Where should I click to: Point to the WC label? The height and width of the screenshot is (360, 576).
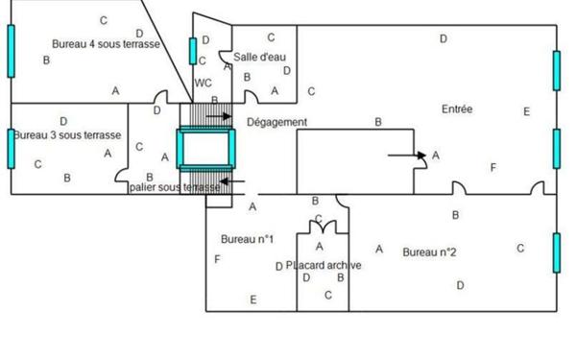click(203, 83)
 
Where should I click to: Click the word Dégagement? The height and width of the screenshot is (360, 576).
click(276, 122)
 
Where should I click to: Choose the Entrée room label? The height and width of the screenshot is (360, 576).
click(457, 109)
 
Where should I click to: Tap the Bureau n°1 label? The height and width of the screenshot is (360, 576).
click(248, 239)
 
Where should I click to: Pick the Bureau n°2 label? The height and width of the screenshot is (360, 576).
click(428, 252)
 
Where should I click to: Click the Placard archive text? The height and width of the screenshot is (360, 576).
click(324, 265)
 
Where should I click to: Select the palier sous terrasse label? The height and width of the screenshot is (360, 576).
click(175, 187)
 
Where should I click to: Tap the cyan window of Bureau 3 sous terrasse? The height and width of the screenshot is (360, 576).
click(12, 147)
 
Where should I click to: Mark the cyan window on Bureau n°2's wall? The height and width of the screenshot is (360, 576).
click(556, 252)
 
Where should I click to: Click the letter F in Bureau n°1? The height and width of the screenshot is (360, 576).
click(217, 259)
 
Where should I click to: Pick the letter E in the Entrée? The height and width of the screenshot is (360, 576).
click(526, 111)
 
